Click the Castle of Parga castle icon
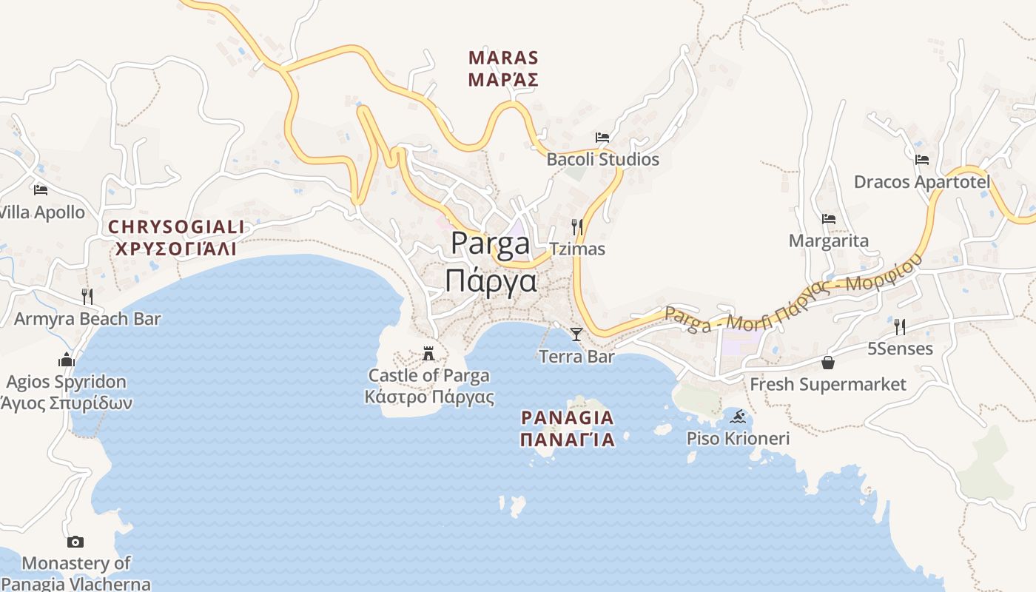coord(428,354)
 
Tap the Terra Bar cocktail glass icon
coord(576,334)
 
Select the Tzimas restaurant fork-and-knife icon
coord(576,226)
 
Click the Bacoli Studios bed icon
coord(602,138)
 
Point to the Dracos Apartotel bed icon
coord(922,160)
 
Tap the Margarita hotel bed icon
coord(829,219)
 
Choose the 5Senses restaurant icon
coord(900,326)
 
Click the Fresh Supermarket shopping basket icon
coord(828,363)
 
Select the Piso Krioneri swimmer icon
coord(738,417)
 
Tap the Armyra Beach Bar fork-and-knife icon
coord(87,297)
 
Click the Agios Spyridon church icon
coord(67,360)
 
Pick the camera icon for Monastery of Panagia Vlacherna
coord(75,542)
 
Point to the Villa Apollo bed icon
coord(41,190)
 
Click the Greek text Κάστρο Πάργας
coord(429,397)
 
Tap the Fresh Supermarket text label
coord(828,384)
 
